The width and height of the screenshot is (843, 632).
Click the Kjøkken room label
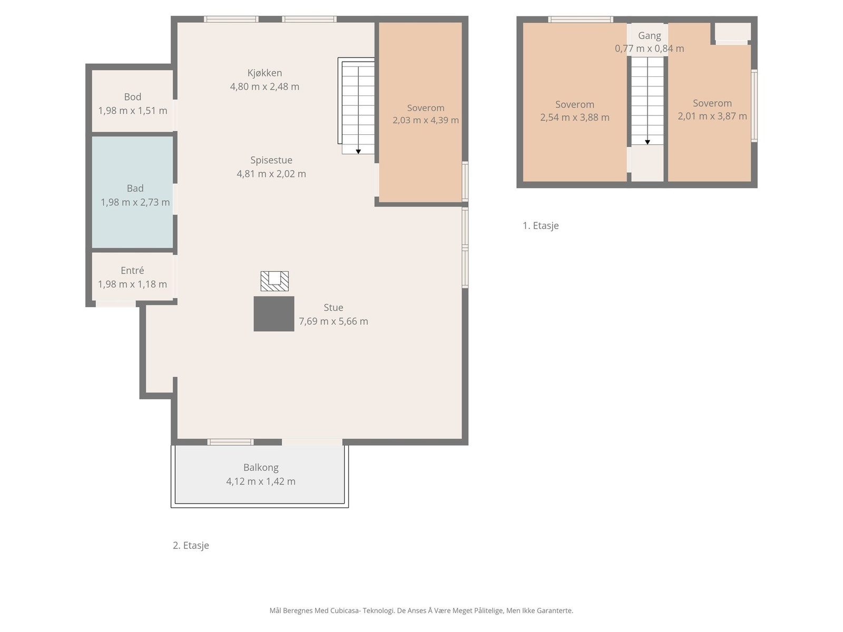tap(264, 73)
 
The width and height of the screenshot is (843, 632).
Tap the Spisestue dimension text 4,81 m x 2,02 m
tap(271, 174)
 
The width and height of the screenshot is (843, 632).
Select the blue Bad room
tap(132, 192)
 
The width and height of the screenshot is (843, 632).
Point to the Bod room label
tap(132, 97)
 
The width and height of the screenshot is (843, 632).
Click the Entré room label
tap(132, 271)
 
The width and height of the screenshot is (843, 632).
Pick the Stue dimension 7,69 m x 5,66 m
tap(334, 321)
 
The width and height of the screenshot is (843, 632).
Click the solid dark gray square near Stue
tap(274, 313)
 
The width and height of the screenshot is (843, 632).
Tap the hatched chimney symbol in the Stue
tap(275, 281)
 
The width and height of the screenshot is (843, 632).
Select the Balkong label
tap(261, 467)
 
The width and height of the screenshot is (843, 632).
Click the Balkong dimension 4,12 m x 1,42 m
tap(261, 481)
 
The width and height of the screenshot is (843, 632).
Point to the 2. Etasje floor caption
tap(191, 545)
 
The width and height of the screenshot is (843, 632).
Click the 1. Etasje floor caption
tap(541, 225)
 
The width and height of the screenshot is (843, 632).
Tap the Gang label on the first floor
tap(650, 36)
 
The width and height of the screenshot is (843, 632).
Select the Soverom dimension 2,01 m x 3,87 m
tap(712, 116)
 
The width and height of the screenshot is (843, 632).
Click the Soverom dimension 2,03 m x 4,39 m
tap(426, 120)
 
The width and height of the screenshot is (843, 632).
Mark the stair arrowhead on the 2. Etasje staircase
tap(358, 152)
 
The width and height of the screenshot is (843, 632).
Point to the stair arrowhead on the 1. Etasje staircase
tap(648, 142)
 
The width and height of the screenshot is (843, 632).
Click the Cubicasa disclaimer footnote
tap(421, 610)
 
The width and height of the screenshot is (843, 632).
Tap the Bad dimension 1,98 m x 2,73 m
tap(135, 202)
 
